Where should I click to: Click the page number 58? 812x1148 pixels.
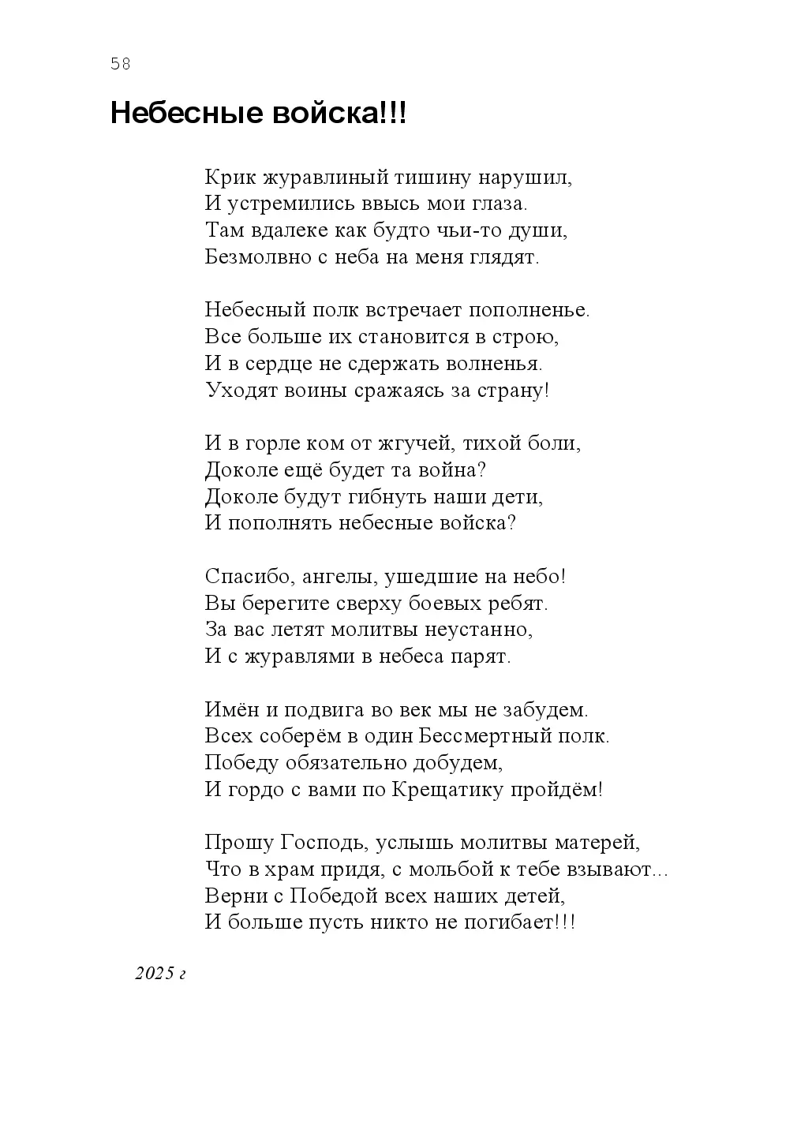coord(121,65)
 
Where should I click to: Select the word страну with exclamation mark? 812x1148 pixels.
coord(513,391)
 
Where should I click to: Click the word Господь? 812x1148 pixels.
coord(323,843)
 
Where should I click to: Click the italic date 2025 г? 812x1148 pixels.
coord(159,974)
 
